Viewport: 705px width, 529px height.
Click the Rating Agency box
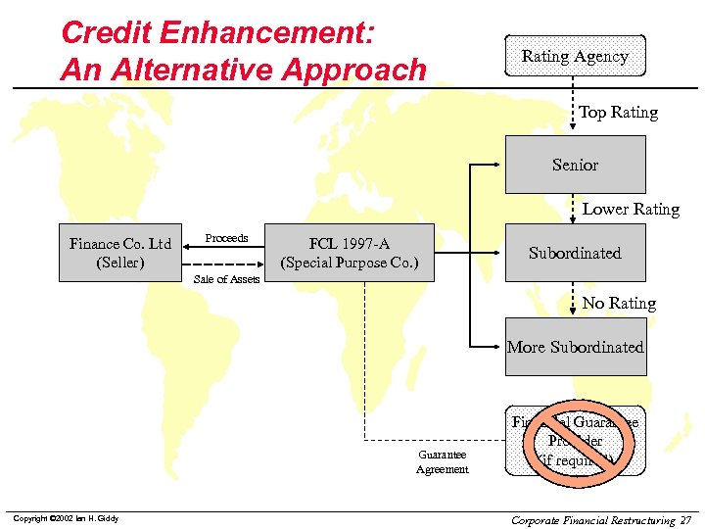575,57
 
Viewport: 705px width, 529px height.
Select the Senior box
575,165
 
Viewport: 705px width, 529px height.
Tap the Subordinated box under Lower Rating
575,253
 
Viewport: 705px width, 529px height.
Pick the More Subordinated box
575,347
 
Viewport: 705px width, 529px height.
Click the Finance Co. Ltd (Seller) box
120,253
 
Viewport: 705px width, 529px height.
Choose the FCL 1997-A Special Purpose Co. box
350,253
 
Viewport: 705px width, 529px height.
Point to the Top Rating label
618,113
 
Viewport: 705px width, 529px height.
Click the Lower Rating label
631,209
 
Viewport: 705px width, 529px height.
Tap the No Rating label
619,304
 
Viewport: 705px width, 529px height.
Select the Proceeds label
226,238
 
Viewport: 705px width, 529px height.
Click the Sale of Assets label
226,279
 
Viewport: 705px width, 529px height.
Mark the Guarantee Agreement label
442,461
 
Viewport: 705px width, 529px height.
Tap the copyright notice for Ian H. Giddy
65,518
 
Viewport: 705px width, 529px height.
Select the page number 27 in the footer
685,519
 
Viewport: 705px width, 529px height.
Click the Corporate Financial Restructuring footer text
592,519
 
